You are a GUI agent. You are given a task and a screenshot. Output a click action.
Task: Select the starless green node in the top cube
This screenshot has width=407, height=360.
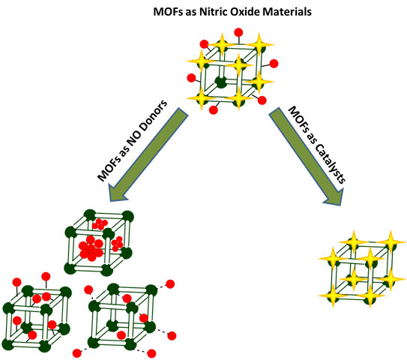(220, 80)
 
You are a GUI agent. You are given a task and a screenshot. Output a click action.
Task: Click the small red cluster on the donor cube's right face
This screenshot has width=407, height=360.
(117, 244)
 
